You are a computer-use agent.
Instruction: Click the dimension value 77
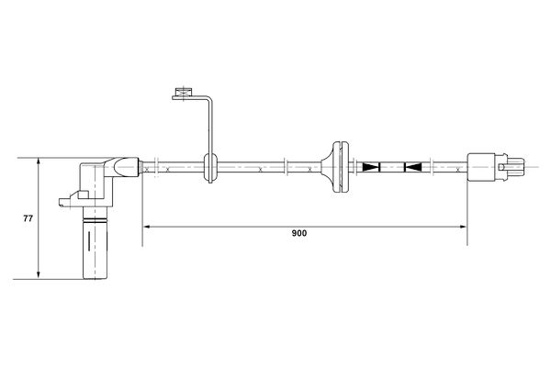pos(28,218)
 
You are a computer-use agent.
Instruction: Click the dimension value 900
pos(298,233)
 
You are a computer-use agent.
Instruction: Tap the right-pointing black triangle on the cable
pos(371,167)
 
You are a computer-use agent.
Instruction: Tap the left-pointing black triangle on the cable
pos(412,167)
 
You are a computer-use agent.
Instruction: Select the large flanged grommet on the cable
pos(339,167)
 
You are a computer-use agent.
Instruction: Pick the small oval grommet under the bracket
pos(208,167)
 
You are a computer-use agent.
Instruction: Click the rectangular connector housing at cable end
pos(483,168)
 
